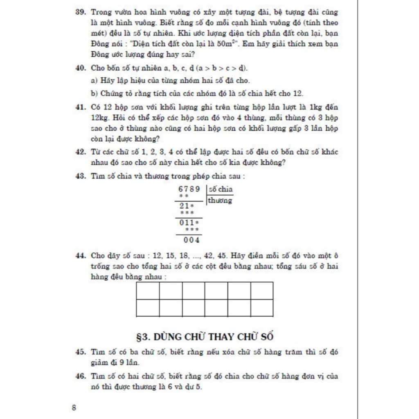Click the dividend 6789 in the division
pyautogui.click(x=189, y=189)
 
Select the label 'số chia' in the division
pyautogui.click(x=220, y=189)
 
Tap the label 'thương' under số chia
pyautogui.click(x=220, y=200)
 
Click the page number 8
pyautogui.click(x=74, y=408)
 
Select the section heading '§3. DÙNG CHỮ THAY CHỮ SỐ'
pyautogui.click(x=205, y=337)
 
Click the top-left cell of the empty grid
pyautogui.click(x=148, y=291)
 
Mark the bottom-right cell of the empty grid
pyautogui.click(x=262, y=308)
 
